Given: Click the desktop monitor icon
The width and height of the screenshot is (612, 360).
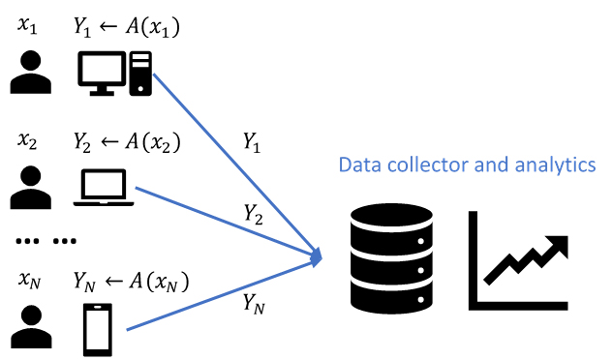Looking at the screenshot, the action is [102, 74].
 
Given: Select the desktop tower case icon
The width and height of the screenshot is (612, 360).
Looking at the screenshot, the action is [140, 74].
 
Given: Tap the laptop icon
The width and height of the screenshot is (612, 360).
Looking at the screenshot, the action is [104, 188].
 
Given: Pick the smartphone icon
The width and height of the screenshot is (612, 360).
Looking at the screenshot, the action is [98, 330].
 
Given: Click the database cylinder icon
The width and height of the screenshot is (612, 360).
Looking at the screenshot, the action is [391, 258].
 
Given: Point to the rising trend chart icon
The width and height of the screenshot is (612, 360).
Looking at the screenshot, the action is [518, 260].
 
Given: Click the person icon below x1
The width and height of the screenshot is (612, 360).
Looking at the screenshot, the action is [30, 73].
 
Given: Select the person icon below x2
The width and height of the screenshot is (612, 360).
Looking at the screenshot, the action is [30, 188].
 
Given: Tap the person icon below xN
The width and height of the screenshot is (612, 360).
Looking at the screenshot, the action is [31, 327].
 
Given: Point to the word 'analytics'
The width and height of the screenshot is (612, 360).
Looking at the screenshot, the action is [555, 165].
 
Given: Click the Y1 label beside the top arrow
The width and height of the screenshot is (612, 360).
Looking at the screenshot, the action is [252, 142].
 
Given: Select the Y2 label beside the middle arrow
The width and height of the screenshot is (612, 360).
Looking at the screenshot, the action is [254, 214].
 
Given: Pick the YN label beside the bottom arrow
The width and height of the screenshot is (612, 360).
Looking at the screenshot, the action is [254, 304].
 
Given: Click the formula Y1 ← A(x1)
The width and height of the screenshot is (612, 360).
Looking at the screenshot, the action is [127, 27].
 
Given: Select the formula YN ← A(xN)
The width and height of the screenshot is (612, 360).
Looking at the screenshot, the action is [131, 282].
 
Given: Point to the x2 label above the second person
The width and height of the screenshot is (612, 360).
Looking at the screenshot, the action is [27, 140].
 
